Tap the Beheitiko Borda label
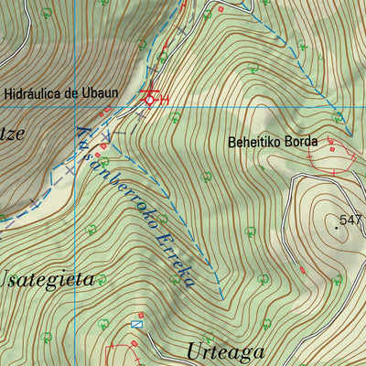(x=273, y=142)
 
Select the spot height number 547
(x=350, y=220)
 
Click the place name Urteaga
(x=224, y=351)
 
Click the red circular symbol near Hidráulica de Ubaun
(x=151, y=99)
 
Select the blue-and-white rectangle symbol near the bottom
(x=137, y=324)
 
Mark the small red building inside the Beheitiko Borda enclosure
(x=331, y=150)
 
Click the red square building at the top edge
(x=220, y=9)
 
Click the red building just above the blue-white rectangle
(x=140, y=314)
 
